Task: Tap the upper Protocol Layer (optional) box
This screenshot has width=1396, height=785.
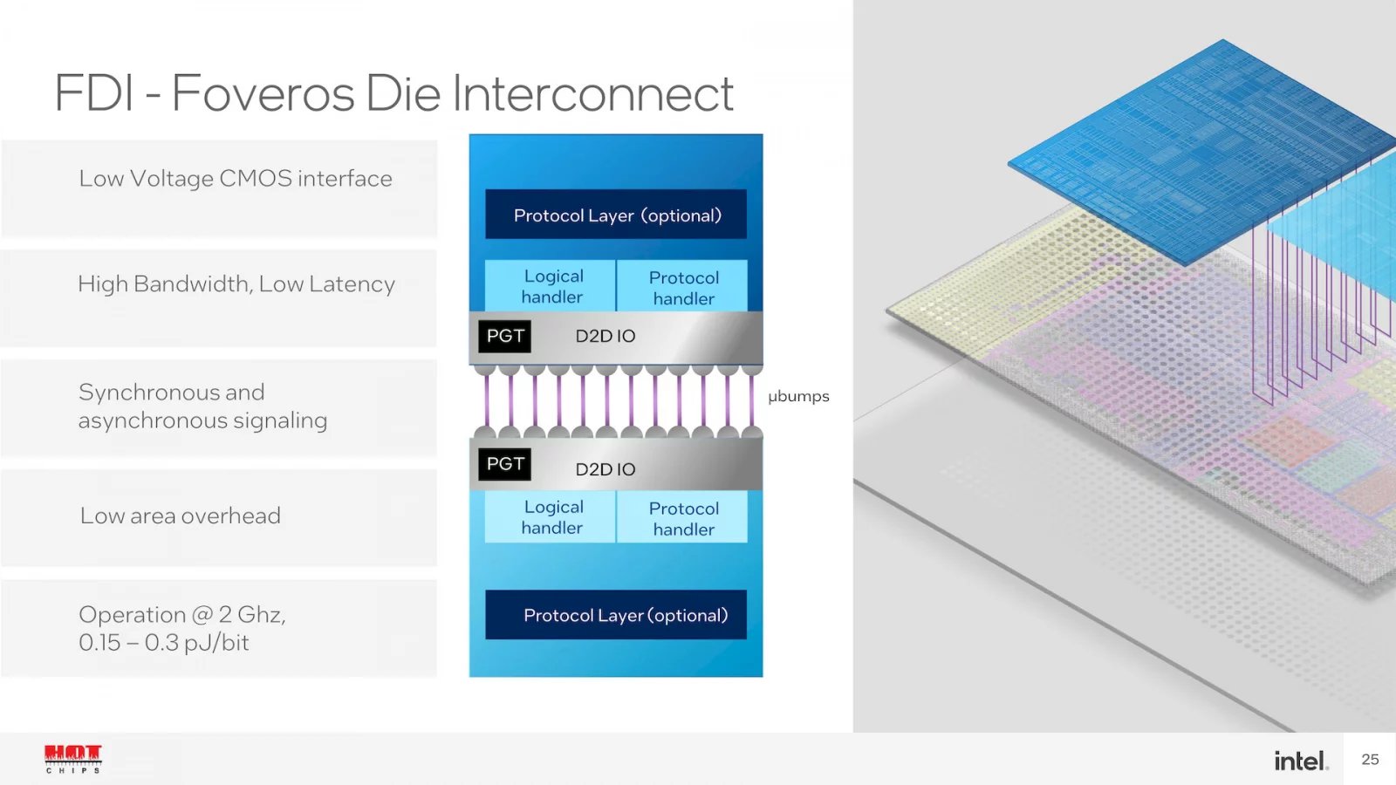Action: point(616,215)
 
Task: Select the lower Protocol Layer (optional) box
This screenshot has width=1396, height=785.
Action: point(616,615)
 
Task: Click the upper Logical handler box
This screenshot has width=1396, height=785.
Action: point(551,286)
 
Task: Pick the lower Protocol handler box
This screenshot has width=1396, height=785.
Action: point(683,518)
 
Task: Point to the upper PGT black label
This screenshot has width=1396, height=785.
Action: point(505,336)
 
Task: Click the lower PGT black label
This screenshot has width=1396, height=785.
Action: point(505,464)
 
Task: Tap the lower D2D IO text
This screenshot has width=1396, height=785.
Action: point(605,469)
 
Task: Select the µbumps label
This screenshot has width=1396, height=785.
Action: point(798,396)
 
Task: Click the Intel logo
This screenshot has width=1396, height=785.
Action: point(1300,761)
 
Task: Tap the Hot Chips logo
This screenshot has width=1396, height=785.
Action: point(73,758)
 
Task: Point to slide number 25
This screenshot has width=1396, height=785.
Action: point(1370,760)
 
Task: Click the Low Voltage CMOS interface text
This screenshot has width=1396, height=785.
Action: point(236,179)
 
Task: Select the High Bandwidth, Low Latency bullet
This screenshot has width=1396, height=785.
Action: point(236,284)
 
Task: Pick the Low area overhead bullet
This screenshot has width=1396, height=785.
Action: point(181,515)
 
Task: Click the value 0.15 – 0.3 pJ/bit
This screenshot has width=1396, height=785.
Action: point(164,643)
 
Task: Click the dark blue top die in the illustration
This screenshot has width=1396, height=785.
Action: point(1204,148)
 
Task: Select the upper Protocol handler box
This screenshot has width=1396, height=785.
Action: point(683,287)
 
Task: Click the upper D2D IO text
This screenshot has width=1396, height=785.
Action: point(605,336)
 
